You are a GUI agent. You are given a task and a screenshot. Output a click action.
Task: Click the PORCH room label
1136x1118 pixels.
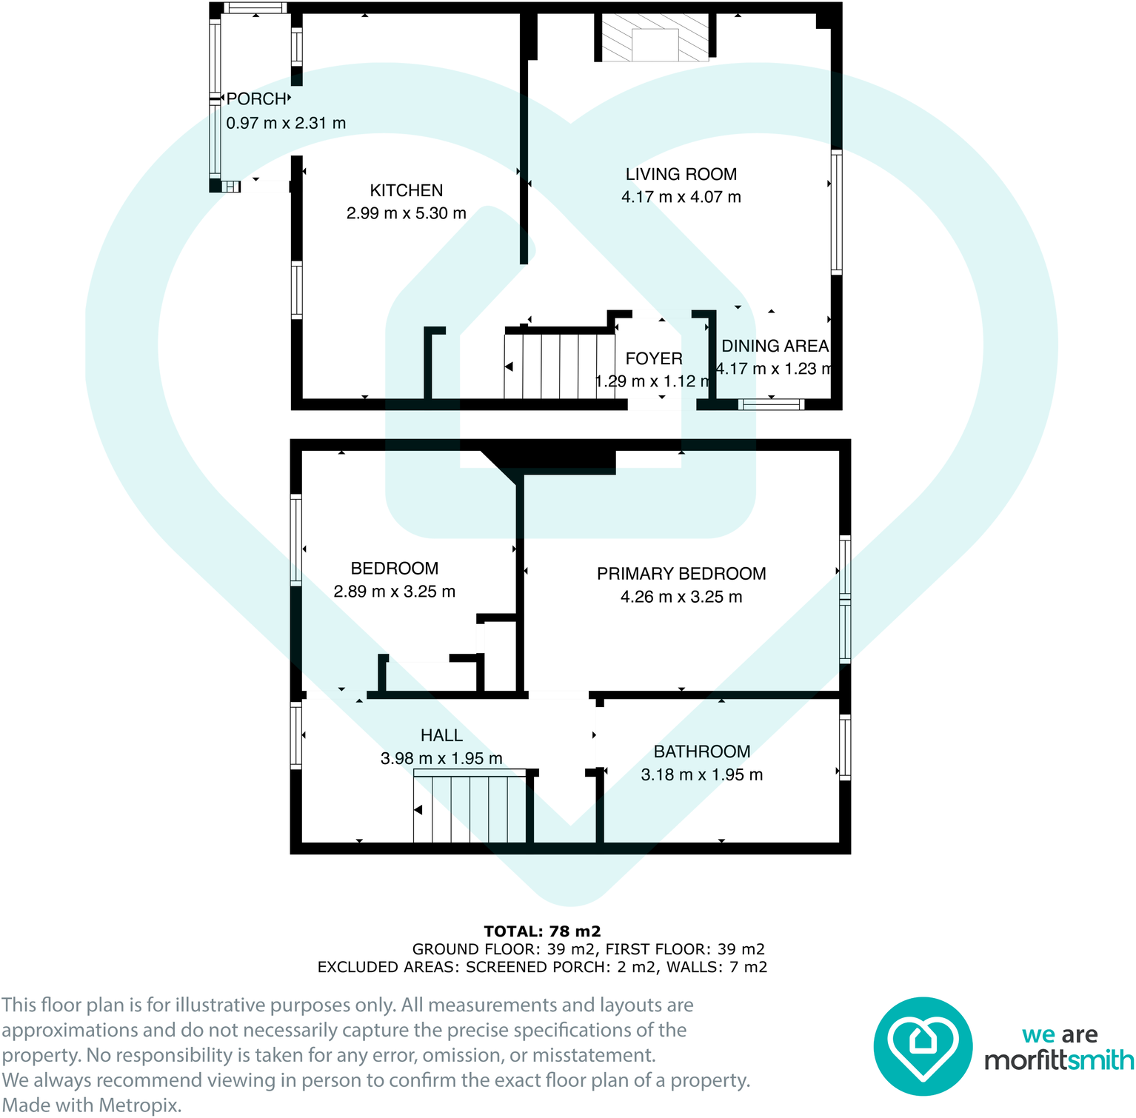click(x=256, y=99)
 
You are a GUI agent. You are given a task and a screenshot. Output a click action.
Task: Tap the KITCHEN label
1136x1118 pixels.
click(x=406, y=191)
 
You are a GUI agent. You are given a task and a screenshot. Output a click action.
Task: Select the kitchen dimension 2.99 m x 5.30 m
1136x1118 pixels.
click(x=406, y=214)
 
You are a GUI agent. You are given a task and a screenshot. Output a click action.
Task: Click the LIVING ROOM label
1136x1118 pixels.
click(x=681, y=175)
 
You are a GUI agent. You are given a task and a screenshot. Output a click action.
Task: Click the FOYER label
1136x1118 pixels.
click(x=653, y=359)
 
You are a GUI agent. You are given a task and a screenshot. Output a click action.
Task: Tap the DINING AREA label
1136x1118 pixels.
click(x=775, y=347)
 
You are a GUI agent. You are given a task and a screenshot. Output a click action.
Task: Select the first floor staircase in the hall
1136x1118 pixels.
click(x=470, y=809)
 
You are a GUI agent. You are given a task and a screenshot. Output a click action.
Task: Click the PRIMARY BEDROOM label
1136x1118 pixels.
click(x=681, y=574)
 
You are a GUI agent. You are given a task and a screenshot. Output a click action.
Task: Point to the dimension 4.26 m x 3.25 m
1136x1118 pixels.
click(x=681, y=598)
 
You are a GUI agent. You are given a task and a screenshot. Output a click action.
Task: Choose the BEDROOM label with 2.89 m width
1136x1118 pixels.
click(x=394, y=569)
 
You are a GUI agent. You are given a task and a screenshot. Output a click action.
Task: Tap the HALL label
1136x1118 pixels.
click(x=441, y=736)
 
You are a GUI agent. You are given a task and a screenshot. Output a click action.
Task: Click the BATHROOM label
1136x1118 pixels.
click(x=701, y=752)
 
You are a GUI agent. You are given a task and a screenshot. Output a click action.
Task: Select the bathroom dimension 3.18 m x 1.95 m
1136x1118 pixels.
click(x=701, y=775)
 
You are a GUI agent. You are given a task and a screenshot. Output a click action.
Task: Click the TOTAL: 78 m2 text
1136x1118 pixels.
click(x=542, y=931)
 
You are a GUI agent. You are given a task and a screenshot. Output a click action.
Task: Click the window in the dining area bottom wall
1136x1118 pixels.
click(x=771, y=404)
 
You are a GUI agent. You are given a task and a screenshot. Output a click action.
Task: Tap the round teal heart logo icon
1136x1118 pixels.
click(x=922, y=1045)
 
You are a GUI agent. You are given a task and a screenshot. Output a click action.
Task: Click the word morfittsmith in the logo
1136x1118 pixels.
click(x=1058, y=1061)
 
